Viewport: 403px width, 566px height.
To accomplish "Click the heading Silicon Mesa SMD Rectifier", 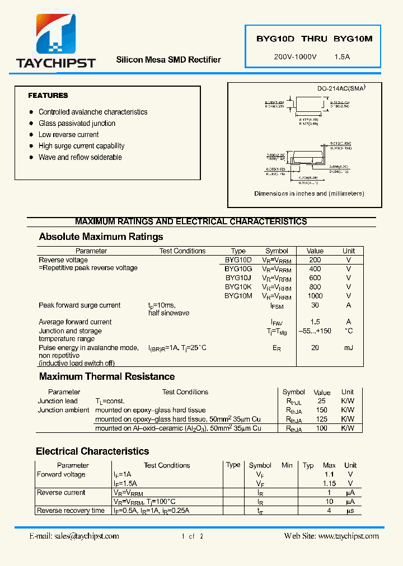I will coord(168,60).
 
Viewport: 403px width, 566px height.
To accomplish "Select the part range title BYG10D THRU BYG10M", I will coord(314,39).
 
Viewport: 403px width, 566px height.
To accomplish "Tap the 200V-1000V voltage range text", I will coord(295,57).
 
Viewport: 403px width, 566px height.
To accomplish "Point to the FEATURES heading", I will coord(48,96).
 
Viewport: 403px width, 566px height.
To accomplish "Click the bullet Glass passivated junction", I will coord(77,124).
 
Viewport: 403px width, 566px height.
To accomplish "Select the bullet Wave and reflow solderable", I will coord(80,157).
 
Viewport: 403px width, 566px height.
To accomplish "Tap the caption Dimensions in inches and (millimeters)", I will coord(309,194).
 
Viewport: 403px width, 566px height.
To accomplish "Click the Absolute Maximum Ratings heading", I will coord(101,237).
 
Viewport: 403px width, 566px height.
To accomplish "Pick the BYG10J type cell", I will coord(238,278).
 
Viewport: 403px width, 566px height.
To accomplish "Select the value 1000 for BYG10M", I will coord(315,296).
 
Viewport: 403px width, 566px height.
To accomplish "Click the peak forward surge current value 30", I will coord(315,305).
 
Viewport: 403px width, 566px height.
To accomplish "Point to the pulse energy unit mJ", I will coord(348,348).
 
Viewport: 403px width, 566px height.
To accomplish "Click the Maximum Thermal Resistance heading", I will coord(107,376).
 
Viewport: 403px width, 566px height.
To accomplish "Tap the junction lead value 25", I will coord(321,401).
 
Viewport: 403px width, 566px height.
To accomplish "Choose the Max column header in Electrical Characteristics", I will coord(329,465).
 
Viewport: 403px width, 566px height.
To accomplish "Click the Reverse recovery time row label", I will coord(71,511).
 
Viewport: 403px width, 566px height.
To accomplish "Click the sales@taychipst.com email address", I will coord(90,536).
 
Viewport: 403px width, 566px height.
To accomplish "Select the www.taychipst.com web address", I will coord(348,536).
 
